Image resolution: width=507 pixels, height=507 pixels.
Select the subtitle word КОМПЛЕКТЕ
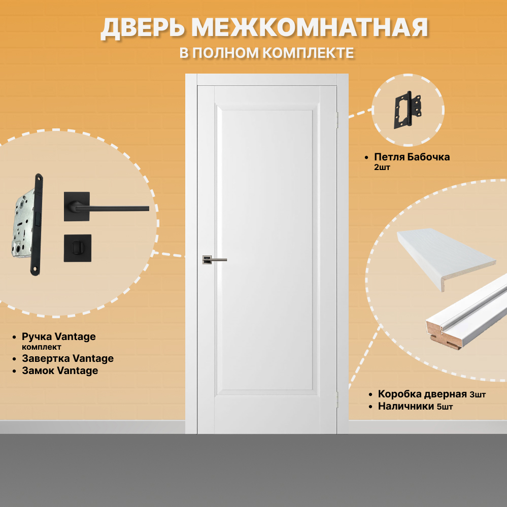coord(308,53)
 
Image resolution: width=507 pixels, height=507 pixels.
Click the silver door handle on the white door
coord(214,260)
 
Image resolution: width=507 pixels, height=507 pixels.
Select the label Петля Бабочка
coord(412,157)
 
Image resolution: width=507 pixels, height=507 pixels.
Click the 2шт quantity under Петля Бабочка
coord(382,167)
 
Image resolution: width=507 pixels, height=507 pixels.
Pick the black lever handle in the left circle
coord(107,207)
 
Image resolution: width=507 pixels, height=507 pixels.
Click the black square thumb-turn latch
coord(77,248)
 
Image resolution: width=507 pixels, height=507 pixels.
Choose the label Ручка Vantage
coord(58,336)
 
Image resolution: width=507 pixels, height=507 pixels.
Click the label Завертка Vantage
coord(67,358)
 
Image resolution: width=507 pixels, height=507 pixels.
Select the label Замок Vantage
coord(60,370)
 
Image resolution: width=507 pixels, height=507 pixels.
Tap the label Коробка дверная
coord(422,394)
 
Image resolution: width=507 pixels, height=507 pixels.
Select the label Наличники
coord(405,406)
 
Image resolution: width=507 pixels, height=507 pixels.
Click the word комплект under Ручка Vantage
coord(42,347)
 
